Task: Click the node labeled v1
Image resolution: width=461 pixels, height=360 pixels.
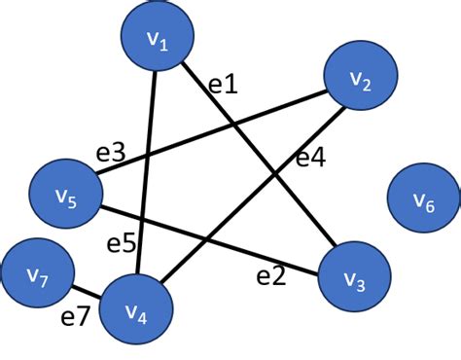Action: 158,38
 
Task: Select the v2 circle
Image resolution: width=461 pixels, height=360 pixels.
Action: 360,81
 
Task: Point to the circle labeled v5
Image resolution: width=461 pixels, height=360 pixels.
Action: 66,197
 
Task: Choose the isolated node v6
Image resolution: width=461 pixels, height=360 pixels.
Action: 422,198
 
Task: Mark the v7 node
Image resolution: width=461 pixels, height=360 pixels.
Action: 37,275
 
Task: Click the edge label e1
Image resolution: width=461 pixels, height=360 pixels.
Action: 223,85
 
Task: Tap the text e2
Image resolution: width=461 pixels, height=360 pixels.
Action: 271,275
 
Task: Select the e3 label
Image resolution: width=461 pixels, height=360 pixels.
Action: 111,152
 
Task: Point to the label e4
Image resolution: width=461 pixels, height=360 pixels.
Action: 310,158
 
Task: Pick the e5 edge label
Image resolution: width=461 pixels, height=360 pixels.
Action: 122,244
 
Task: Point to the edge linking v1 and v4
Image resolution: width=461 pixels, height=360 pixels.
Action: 149,175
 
